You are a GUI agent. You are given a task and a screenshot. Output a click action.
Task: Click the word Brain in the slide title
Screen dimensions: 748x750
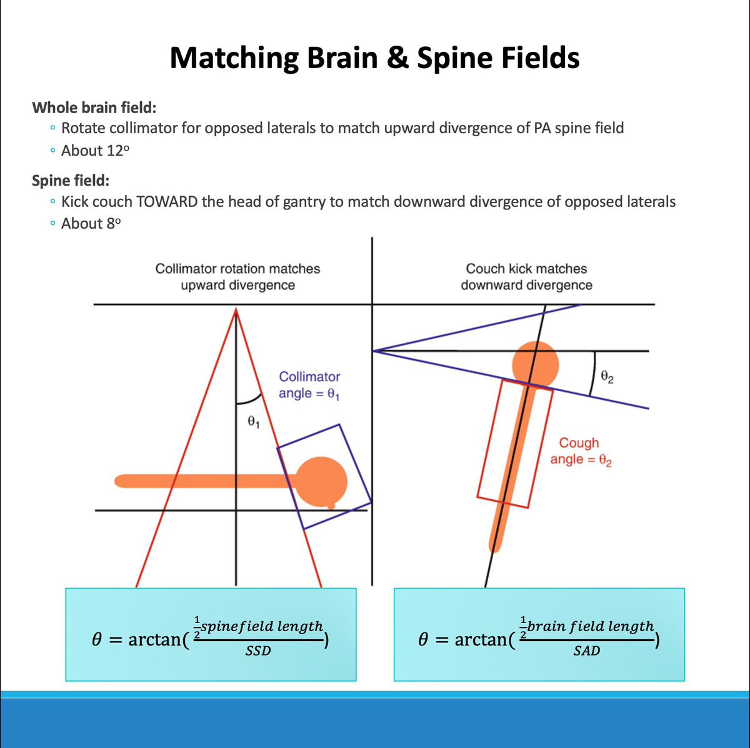(x=337, y=58)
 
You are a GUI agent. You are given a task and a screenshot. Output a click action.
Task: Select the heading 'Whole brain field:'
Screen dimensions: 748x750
(x=94, y=107)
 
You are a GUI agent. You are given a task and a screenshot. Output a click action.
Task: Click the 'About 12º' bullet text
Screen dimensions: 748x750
(x=96, y=151)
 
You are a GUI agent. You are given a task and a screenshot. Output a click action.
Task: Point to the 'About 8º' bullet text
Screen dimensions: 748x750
(x=91, y=223)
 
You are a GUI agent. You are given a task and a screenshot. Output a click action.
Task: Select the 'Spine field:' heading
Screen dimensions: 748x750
(x=71, y=181)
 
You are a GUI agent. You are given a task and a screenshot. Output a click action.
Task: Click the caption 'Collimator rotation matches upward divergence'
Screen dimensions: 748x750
(x=237, y=277)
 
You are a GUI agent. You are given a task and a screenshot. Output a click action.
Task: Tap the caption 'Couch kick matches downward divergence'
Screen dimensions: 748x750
(x=526, y=277)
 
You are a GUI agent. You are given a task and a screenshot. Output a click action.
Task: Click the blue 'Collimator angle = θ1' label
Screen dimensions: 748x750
(x=309, y=385)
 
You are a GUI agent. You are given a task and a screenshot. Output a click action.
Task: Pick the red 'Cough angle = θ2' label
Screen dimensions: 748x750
(x=580, y=451)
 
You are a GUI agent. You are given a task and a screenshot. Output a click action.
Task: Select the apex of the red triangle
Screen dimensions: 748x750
(x=236, y=309)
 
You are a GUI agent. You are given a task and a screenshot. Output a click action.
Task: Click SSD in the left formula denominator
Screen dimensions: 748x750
(x=257, y=651)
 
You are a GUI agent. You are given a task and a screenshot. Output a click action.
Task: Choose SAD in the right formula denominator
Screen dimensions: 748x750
(x=586, y=651)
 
